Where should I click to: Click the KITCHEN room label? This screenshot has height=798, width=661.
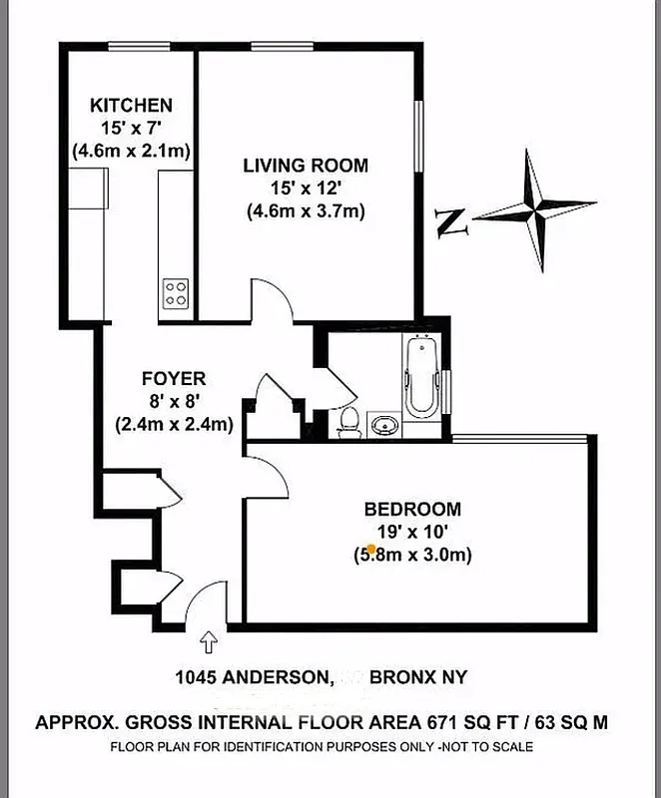click(x=131, y=105)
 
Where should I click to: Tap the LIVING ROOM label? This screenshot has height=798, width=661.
click(x=305, y=166)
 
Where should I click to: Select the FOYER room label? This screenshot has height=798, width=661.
click(x=174, y=378)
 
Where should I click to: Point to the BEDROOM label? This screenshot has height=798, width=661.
click(x=412, y=509)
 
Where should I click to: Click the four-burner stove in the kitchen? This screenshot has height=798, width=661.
click(x=177, y=292)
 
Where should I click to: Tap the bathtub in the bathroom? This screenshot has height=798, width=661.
click(x=420, y=376)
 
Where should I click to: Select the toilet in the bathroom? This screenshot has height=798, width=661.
click(x=348, y=422)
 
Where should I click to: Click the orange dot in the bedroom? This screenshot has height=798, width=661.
click(x=371, y=549)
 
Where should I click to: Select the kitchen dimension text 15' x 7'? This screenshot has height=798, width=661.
click(x=131, y=128)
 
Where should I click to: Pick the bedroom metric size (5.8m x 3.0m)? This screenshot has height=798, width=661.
click(x=412, y=555)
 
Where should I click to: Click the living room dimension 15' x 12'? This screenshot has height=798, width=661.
click(x=305, y=189)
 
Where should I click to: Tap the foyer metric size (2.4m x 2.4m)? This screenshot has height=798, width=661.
click(x=174, y=424)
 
